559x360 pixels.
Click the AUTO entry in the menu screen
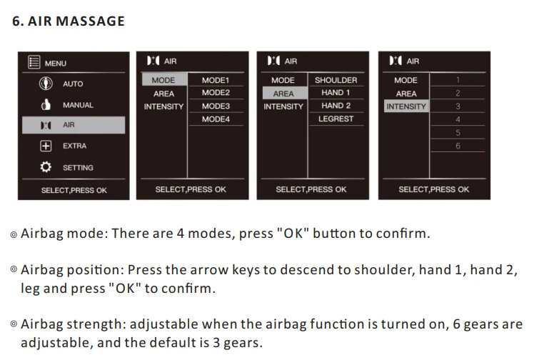73,84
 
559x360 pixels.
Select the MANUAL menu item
78,105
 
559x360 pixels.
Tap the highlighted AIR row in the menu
74,125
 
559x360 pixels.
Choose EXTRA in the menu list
74,146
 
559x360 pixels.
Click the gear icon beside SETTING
46,167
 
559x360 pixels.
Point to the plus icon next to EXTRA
46,146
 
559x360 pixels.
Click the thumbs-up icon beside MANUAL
46,104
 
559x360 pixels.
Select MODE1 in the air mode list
216,80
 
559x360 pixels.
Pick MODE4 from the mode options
216,119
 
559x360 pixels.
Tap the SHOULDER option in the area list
336,80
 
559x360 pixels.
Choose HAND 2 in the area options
336,106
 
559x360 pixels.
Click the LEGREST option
336,119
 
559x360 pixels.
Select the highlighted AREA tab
284,93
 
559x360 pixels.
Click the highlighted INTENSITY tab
406,106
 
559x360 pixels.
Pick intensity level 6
458,146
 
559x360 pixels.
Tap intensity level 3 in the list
458,106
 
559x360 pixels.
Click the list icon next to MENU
34,62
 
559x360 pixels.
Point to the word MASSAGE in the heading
90,21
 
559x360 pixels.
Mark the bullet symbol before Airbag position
14,269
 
